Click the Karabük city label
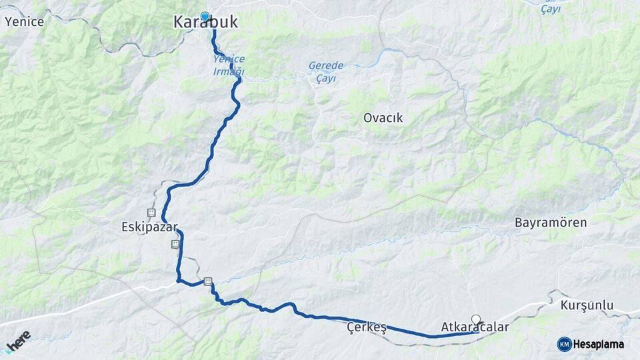point(205,23)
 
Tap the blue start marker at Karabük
point(205,17)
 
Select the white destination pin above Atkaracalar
point(476,319)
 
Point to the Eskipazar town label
point(150,227)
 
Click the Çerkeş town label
point(367,327)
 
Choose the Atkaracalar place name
point(475,327)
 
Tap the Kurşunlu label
point(587,305)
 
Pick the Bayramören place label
point(551,223)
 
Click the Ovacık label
point(383,118)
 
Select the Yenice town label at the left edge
point(24,21)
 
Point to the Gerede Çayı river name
point(325,71)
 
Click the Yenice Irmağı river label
point(229,65)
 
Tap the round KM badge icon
point(565,344)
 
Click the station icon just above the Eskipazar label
point(152,213)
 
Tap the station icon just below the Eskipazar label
point(175,244)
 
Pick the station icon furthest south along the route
point(208,281)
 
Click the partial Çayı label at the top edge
point(551,8)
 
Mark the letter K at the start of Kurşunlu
point(564,305)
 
